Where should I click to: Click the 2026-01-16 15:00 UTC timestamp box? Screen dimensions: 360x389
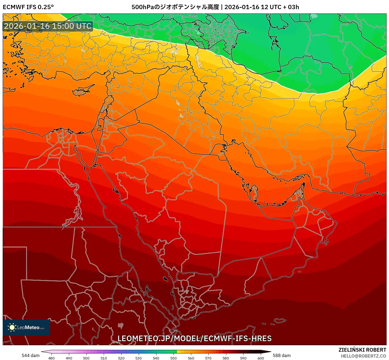click(48, 26)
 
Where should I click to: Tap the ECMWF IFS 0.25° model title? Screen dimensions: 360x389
click(28, 7)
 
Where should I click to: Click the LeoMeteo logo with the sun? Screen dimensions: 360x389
click(26, 327)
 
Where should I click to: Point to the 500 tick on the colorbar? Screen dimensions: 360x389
click(86, 358)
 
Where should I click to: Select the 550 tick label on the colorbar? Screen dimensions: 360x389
click(173, 358)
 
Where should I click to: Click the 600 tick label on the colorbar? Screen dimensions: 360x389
click(261, 358)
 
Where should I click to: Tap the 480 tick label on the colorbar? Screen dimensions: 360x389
click(51, 358)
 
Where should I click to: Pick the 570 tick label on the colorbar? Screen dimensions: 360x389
click(208, 358)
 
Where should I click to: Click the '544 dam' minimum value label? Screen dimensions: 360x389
click(30, 355)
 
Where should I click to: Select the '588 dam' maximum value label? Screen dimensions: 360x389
click(282, 355)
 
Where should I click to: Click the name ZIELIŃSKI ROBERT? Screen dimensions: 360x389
click(362, 350)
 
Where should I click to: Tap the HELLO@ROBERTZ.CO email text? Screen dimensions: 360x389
click(363, 356)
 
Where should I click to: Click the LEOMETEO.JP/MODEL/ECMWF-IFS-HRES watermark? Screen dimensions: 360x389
click(194, 338)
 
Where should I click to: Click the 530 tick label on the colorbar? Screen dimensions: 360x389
click(138, 358)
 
